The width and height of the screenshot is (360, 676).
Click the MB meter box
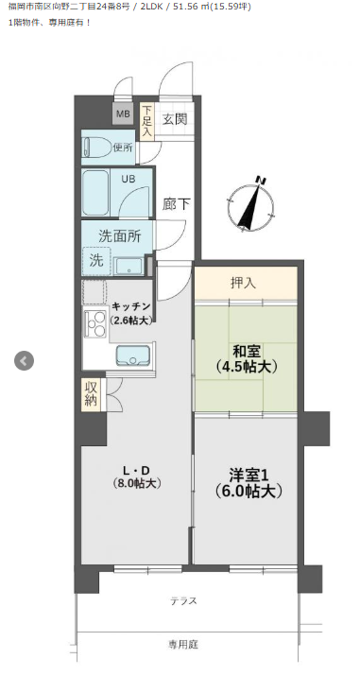click(x=123, y=113)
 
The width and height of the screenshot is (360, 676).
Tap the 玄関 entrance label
click(x=175, y=118)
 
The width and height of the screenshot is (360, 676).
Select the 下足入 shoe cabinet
click(x=147, y=122)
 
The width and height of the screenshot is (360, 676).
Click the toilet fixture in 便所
click(x=96, y=147)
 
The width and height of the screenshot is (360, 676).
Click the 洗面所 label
click(x=119, y=235)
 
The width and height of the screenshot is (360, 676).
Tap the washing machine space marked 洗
click(x=96, y=261)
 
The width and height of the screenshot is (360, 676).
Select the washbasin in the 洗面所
click(x=129, y=266)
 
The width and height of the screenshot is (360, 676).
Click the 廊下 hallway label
click(x=176, y=204)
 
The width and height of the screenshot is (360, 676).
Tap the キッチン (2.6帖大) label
click(x=131, y=313)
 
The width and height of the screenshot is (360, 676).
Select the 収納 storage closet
click(x=92, y=394)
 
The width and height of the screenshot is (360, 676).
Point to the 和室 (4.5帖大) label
click(x=246, y=358)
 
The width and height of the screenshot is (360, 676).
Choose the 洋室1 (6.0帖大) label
click(x=249, y=483)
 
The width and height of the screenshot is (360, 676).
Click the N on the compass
click(x=260, y=180)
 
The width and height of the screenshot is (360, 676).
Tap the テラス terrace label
click(x=183, y=600)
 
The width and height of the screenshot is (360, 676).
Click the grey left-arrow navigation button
click(x=24, y=360)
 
